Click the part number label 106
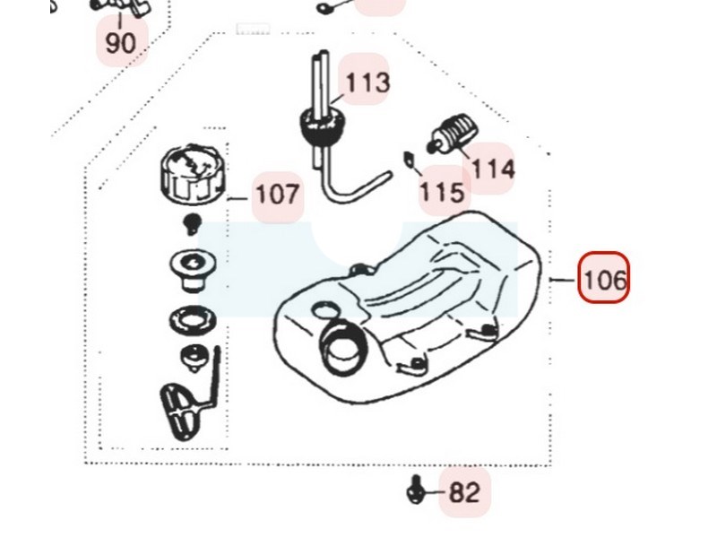pyautogui.click(x=603, y=279)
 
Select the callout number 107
pyautogui.click(x=278, y=195)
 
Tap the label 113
pyautogui.click(x=367, y=82)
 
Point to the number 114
pyautogui.click(x=493, y=168)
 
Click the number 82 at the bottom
pyautogui.click(x=464, y=491)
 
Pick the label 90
pyautogui.click(x=121, y=42)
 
